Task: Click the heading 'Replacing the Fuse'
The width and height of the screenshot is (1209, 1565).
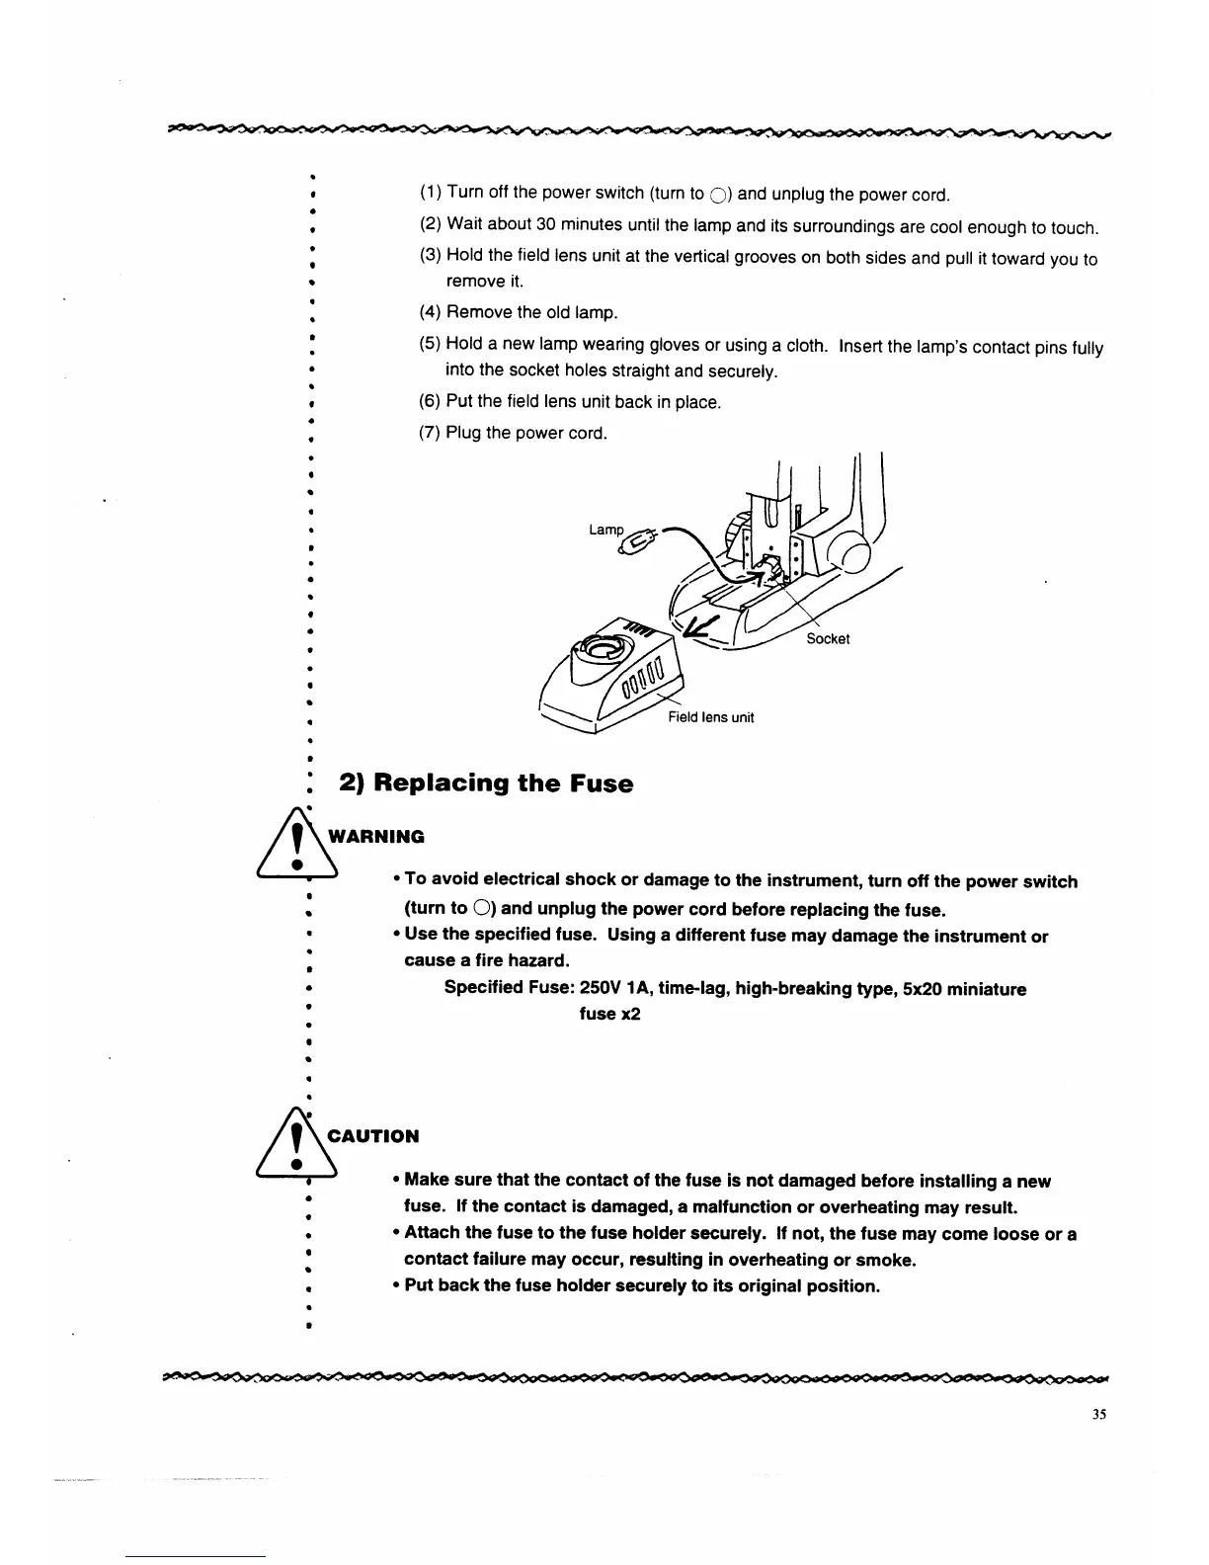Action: click(486, 784)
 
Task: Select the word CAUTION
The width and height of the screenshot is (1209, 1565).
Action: click(373, 1136)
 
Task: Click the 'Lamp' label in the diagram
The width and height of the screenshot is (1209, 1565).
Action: click(605, 531)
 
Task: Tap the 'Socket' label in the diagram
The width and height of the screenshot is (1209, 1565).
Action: click(827, 639)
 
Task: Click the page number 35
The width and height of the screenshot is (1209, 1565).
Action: click(1099, 1414)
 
